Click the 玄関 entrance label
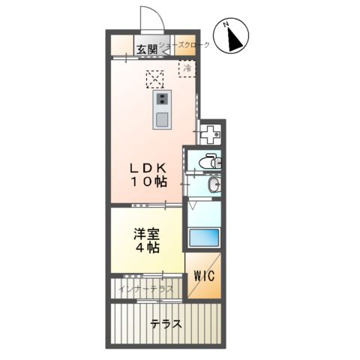pos(147,49)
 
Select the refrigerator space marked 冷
pos(187,69)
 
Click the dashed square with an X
pos(155,78)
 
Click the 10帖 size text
pos(151,181)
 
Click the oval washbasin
pos(213,185)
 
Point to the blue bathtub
pos(203,238)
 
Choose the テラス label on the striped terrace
pos(165,324)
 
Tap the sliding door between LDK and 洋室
pos(147,204)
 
